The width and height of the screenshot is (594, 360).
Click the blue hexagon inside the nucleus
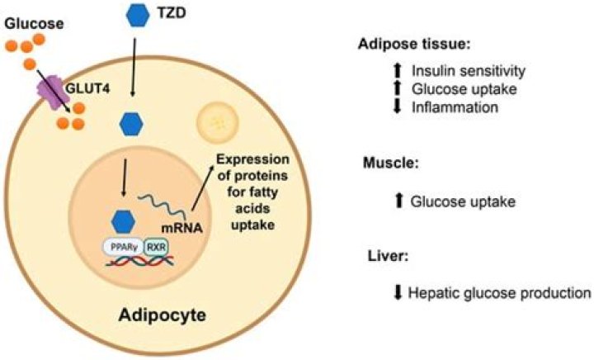(123, 220)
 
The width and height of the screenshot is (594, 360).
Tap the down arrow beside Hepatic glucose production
(399, 291)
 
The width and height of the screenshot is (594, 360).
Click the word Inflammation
(446, 106)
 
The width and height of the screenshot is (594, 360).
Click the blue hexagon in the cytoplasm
(131, 124)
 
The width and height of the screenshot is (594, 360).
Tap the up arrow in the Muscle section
(399, 200)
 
